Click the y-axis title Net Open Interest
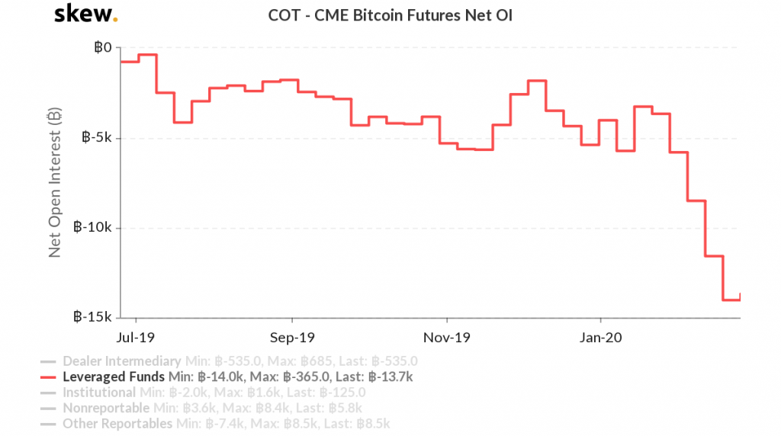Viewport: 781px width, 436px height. pyautogui.click(x=54, y=182)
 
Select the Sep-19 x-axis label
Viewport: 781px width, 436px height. pyautogui.click(x=293, y=336)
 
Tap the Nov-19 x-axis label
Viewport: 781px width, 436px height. pyautogui.click(x=447, y=336)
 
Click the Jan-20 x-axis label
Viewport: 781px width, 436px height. pyautogui.click(x=601, y=336)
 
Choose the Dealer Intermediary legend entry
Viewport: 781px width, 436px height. pyautogui.click(x=121, y=361)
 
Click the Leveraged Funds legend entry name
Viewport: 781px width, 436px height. pyautogui.click(x=114, y=377)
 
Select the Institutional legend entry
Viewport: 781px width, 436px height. pyautogui.click(x=98, y=393)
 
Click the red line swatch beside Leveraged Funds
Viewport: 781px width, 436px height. pyautogui.click(x=48, y=377)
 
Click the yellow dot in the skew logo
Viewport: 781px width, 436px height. pyautogui.click(x=115, y=21)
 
